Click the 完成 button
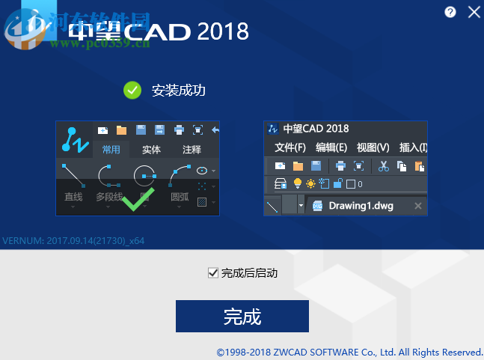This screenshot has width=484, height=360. [x=242, y=316]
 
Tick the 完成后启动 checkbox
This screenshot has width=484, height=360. [x=212, y=273]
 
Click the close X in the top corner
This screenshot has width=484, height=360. [x=474, y=12]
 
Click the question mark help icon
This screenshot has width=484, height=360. [x=450, y=12]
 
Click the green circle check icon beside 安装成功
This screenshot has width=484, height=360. [x=132, y=91]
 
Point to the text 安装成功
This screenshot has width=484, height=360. [x=178, y=91]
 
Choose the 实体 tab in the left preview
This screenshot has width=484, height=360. [x=151, y=150]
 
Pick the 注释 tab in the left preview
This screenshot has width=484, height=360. [x=192, y=150]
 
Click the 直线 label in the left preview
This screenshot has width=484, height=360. [x=73, y=197]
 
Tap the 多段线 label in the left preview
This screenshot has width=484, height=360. [x=110, y=197]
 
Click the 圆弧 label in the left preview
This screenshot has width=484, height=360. [x=180, y=197]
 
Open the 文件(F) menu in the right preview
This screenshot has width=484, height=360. [x=290, y=147]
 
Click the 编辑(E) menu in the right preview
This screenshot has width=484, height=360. [x=331, y=147]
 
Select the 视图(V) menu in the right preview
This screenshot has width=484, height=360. [x=373, y=147]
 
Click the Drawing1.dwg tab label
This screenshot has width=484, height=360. [x=361, y=205]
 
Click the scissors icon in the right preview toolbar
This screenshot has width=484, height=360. [x=384, y=166]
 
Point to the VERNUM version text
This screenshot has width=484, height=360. [x=73, y=241]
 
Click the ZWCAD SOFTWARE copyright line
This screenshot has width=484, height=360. [x=349, y=352]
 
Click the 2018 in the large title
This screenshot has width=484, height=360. [x=222, y=31]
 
